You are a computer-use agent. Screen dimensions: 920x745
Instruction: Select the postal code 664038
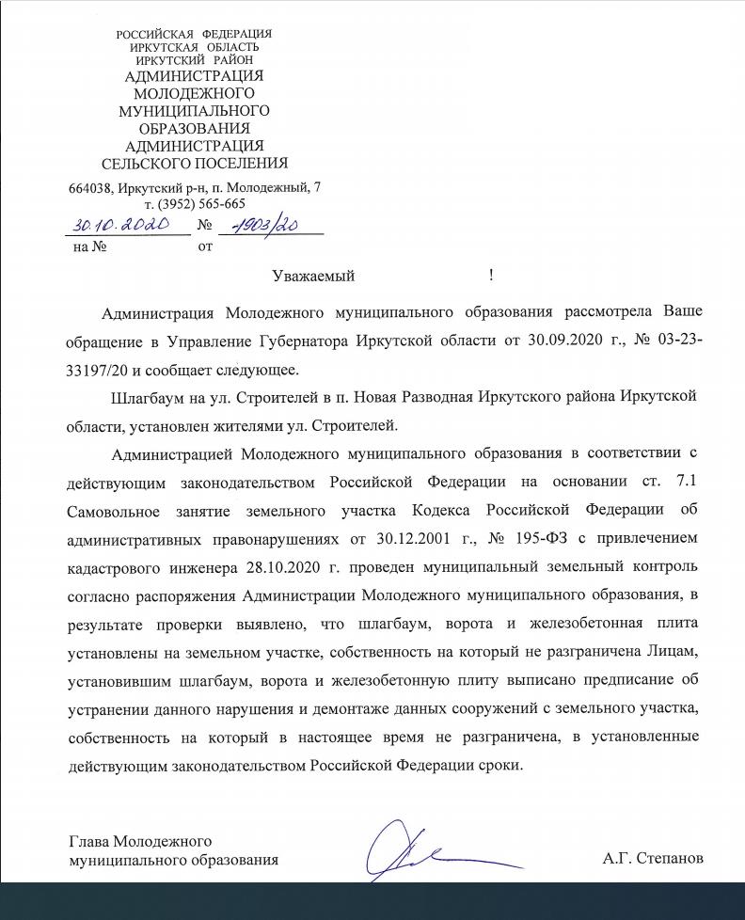[91, 187]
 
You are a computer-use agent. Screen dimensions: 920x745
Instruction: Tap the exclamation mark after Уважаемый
[491, 276]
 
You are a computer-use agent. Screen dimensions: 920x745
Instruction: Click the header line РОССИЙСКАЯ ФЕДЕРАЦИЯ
[194, 35]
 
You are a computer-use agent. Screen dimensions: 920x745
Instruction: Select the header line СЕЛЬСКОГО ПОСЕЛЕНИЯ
[195, 163]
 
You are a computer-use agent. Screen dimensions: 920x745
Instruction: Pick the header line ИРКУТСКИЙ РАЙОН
[194, 59]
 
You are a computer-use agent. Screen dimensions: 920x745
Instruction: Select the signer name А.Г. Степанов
[653, 858]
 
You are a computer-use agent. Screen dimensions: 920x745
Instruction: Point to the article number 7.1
[680, 483]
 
